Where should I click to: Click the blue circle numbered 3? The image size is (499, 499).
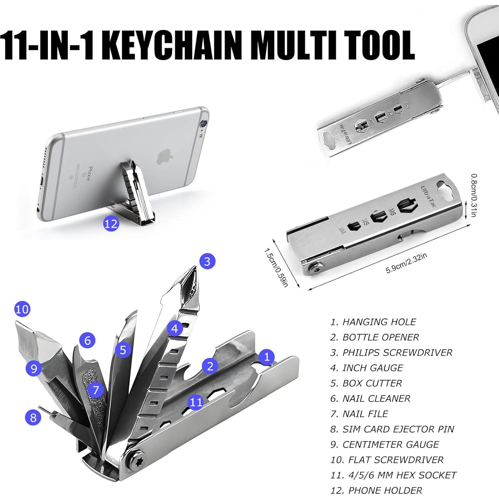pyautogui.click(x=207, y=261)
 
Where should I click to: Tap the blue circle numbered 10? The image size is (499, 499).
pyautogui.click(x=22, y=309)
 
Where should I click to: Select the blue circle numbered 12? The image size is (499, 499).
pyautogui.click(x=111, y=224)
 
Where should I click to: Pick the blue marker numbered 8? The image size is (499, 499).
pyautogui.click(x=33, y=417)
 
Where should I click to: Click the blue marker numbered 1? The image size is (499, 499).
pyautogui.click(x=267, y=357)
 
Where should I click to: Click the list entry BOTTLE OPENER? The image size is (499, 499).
pyautogui.click(x=374, y=337)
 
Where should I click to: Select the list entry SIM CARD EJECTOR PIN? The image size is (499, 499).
pyautogui.click(x=392, y=429)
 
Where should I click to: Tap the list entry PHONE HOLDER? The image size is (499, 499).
pyautogui.click(x=376, y=490)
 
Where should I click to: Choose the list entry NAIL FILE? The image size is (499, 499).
pyautogui.click(x=359, y=414)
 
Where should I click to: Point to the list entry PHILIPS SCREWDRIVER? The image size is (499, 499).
pyautogui.click(x=391, y=353)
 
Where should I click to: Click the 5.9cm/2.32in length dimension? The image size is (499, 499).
pyautogui.click(x=406, y=263)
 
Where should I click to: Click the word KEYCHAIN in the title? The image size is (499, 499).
pyautogui.click(x=173, y=44)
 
